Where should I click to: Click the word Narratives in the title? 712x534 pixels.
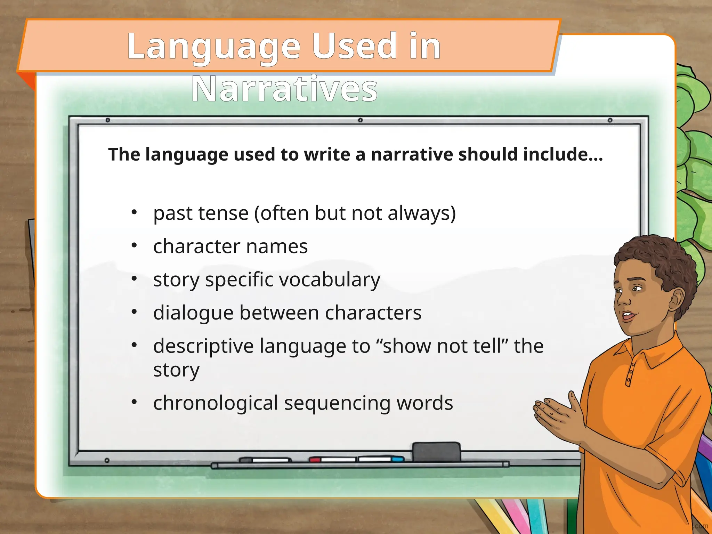pyautogui.click(x=284, y=89)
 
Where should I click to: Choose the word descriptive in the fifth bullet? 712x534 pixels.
pyautogui.click(x=203, y=347)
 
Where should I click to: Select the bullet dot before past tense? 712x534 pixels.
pyautogui.click(x=135, y=212)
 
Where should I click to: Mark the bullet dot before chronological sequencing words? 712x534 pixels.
pyautogui.click(x=135, y=402)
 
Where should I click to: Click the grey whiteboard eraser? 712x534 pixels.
pyautogui.click(x=436, y=452)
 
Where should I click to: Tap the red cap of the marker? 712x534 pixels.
pyautogui.click(x=315, y=460)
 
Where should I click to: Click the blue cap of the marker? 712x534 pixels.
pyautogui.click(x=397, y=459)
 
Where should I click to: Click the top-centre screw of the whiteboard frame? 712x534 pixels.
pyautogui.click(x=361, y=120)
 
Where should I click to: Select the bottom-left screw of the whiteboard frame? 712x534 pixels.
pyautogui.click(x=107, y=460)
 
